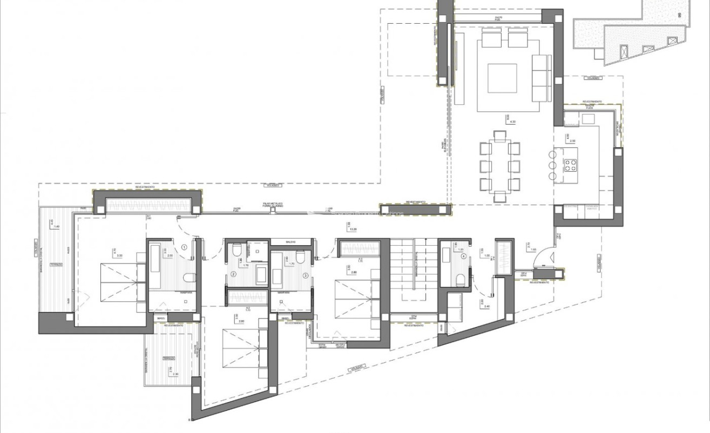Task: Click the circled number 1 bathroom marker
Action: (x=184, y=247)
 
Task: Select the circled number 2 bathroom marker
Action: (x=234, y=274)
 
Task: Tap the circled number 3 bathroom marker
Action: (x=306, y=275)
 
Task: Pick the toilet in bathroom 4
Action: (x=461, y=280)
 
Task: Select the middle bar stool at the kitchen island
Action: (x=552, y=165)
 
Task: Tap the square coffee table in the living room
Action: (x=502, y=79)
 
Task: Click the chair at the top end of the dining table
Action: (x=499, y=134)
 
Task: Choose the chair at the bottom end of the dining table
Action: (x=499, y=195)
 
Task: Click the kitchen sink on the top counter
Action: (x=587, y=119)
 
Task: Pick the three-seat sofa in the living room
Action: (x=541, y=78)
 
